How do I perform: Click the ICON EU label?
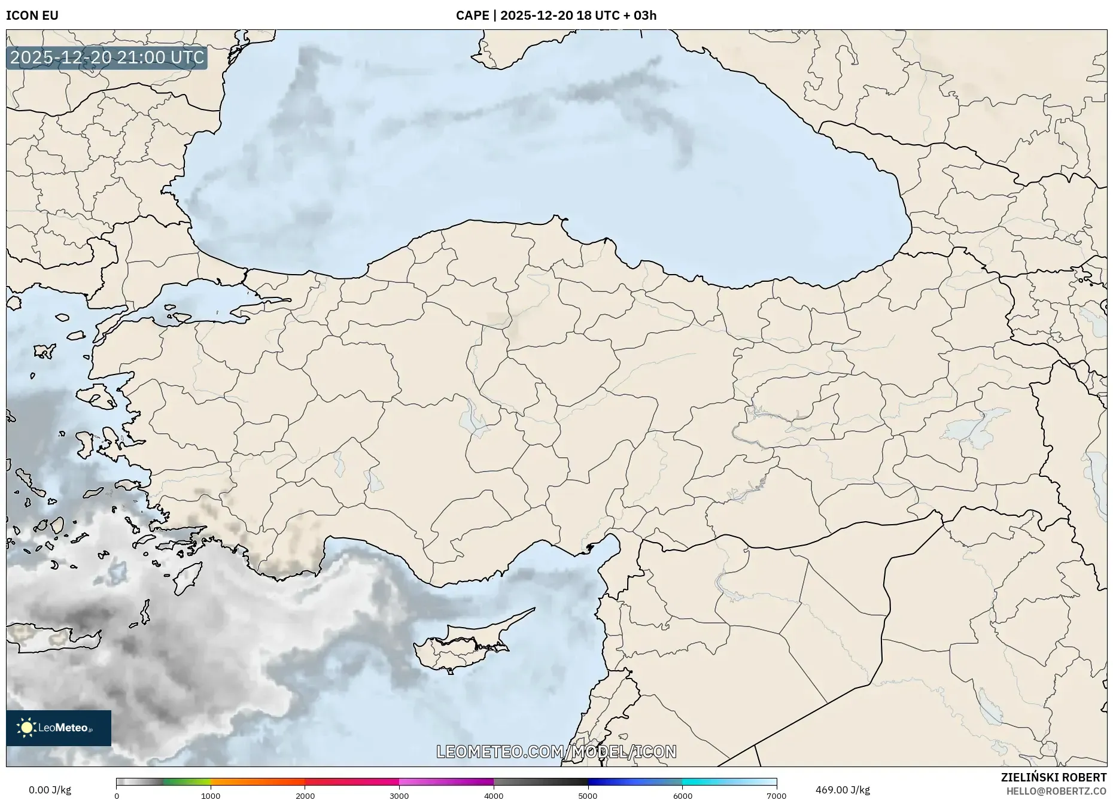click(x=32, y=15)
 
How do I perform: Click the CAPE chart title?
click(x=556, y=15)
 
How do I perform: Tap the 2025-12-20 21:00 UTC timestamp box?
click(x=107, y=57)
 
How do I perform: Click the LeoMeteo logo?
click(x=59, y=728)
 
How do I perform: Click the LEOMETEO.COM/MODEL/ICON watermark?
click(x=556, y=752)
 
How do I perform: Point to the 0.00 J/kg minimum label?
click(x=50, y=790)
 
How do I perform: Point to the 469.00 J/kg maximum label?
click(x=843, y=790)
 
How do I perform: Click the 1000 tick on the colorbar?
click(x=211, y=796)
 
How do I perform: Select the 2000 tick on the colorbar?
click(x=305, y=796)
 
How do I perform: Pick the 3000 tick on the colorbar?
click(x=399, y=796)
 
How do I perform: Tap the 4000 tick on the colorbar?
click(x=494, y=796)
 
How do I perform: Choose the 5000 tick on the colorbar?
click(x=588, y=796)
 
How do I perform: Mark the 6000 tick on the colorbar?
click(x=682, y=796)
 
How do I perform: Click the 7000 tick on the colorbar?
click(x=776, y=796)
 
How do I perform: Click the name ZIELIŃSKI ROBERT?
click(x=1054, y=777)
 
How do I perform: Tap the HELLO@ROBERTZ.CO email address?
click(x=1056, y=791)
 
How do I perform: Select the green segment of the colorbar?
click(x=186, y=782)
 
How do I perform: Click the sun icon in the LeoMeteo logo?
click(x=26, y=728)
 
